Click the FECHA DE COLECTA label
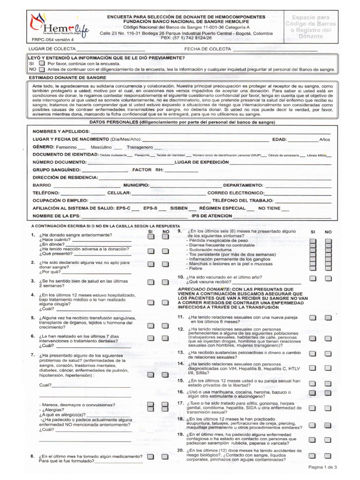tap(208, 49)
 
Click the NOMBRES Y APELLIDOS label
tap(61, 131)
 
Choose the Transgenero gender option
tap(140, 147)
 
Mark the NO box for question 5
tap(165, 325)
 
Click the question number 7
tap(32, 355)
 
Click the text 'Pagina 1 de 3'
tap(322, 467)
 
